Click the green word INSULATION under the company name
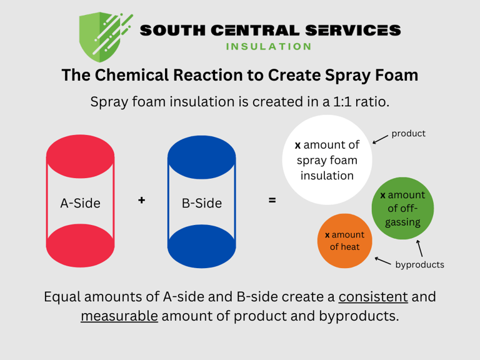pos(268,46)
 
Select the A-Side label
pos(80,203)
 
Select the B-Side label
pos(201,203)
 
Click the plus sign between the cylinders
pos(142,200)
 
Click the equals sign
pos(272,201)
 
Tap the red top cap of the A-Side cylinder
pos(80,157)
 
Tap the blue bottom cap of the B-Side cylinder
pos(201,246)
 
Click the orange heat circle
pos(345,241)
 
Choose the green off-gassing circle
pos(402,208)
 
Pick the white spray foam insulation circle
pos(327,160)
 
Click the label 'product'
pos(408,134)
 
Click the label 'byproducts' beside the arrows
pos(419,264)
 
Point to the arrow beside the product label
pos(379,139)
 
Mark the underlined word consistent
pos(373,296)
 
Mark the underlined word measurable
pos(119,316)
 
